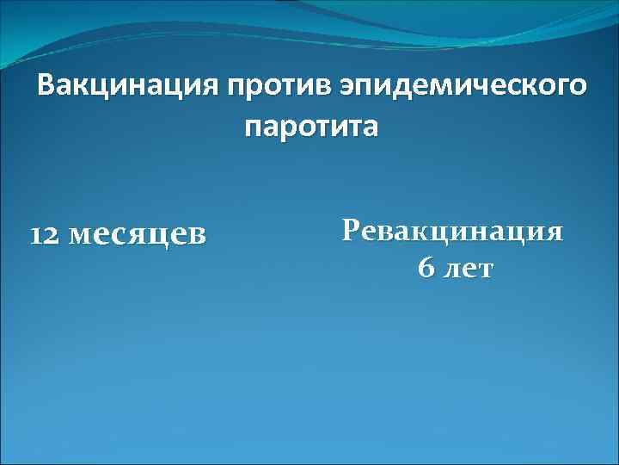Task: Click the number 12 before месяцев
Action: pos(45,235)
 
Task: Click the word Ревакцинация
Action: pos(452,232)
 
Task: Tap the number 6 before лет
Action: pos(426,269)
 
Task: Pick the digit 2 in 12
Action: pos(51,235)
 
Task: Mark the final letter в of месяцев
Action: pos(198,236)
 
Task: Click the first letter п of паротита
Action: pos(254,128)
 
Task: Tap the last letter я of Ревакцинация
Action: pos(555,232)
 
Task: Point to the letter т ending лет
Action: pos(485,270)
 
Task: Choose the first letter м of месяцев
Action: pos(77,236)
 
